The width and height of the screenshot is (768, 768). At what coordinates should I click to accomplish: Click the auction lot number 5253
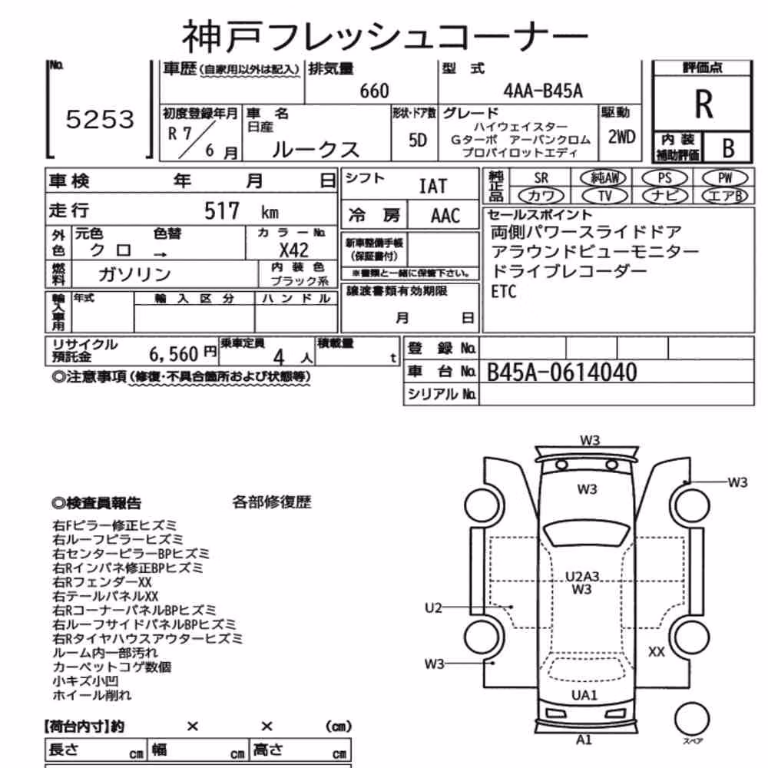pyautogui.click(x=100, y=119)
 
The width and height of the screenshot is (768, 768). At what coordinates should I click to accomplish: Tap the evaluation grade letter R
pyautogui.click(x=703, y=104)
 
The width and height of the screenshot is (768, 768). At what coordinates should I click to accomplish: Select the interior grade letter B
pyautogui.click(x=728, y=147)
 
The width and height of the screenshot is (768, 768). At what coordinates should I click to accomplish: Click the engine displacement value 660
pyautogui.click(x=374, y=91)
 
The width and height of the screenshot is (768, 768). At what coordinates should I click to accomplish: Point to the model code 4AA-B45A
pyautogui.click(x=543, y=91)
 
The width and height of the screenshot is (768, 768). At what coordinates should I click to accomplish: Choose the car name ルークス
pyautogui.click(x=316, y=149)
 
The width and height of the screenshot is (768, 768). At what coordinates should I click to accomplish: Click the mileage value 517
pyautogui.click(x=222, y=211)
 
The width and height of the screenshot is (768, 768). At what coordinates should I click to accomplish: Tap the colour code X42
pyautogui.click(x=294, y=250)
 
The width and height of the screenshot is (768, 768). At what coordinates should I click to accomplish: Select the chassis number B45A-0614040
pyautogui.click(x=562, y=372)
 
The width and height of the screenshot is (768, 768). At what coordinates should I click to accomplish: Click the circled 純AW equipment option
pyautogui.click(x=603, y=178)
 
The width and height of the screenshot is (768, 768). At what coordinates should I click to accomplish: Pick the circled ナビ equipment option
pyautogui.click(x=664, y=195)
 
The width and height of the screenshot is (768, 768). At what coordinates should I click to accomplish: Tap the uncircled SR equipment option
pyautogui.click(x=541, y=178)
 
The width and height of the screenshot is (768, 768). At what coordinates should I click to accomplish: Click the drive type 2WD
pyautogui.click(x=621, y=137)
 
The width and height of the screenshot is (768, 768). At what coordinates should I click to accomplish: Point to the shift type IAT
pyautogui.click(x=433, y=186)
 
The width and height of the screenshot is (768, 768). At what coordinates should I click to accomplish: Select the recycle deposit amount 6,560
pyautogui.click(x=174, y=353)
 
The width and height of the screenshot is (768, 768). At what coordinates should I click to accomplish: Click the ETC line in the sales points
pyautogui.click(x=504, y=292)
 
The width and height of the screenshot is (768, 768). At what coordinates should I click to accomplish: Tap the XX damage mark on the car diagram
pyautogui.click(x=657, y=652)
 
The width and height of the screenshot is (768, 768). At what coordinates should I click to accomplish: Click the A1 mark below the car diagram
pyautogui.click(x=584, y=740)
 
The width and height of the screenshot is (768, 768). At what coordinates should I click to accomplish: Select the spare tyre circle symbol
pyautogui.click(x=692, y=719)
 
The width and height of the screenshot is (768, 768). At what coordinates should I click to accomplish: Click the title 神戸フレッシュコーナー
pyautogui.click(x=385, y=37)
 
